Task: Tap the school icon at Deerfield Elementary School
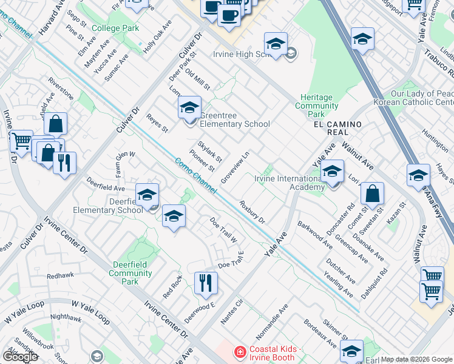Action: point(147,195)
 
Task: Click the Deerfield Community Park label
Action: point(130,273)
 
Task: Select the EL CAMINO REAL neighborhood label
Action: point(337,128)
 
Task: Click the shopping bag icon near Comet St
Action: point(372,194)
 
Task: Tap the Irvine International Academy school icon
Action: point(332,172)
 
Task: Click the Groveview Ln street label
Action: point(235,168)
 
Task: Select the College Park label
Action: point(115,29)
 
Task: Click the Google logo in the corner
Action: point(20,357)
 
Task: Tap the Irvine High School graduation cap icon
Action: point(275,44)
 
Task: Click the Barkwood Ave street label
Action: point(315,235)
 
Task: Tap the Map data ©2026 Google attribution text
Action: point(416,359)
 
